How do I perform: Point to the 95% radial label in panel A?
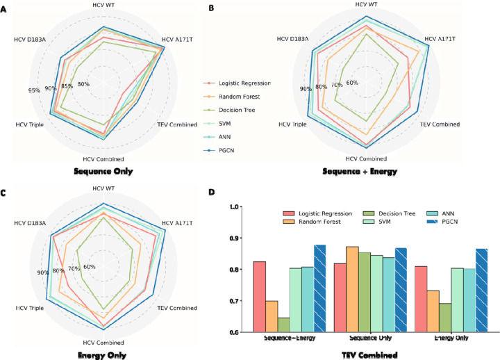click(x=33, y=90)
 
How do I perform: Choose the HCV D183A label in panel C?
click(x=30, y=223)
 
